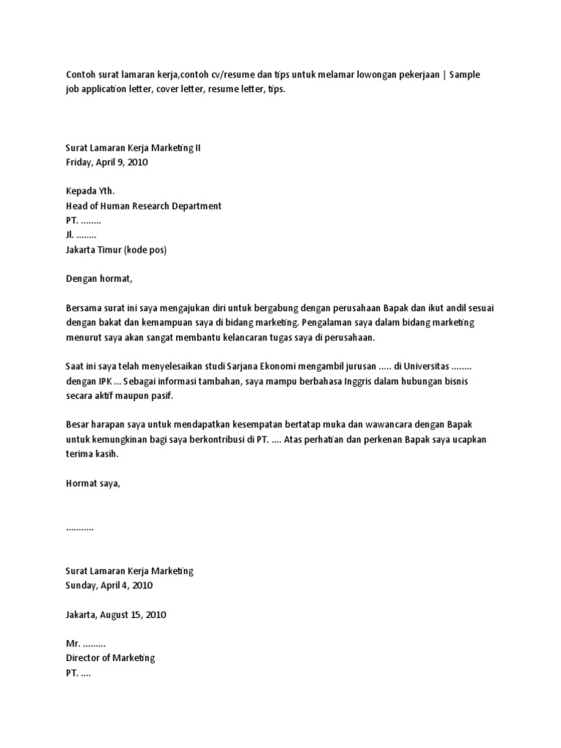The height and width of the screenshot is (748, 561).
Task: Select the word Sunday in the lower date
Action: [x=82, y=585]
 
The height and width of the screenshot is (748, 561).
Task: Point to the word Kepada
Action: [x=82, y=191]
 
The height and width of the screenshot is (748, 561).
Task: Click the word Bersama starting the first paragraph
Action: [x=85, y=308]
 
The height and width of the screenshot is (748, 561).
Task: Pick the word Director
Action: [x=85, y=658]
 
